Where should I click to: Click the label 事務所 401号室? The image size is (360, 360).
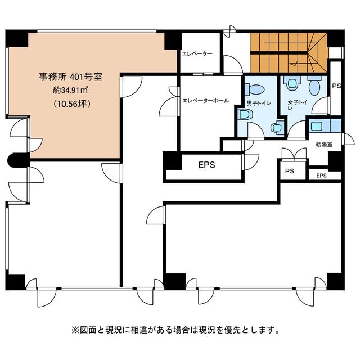click(x=70, y=76)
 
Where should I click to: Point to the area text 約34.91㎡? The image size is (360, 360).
click(x=70, y=90)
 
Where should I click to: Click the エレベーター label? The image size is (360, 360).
click(x=197, y=54)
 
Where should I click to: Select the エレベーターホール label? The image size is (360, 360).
click(x=205, y=101)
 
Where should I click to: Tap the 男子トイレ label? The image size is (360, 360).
click(x=259, y=103)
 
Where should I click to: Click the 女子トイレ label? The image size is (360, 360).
click(x=298, y=105)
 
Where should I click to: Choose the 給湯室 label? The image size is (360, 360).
click(x=324, y=145)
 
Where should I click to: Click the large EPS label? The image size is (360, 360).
click(x=207, y=165)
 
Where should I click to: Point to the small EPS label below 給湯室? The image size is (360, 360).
click(x=321, y=175)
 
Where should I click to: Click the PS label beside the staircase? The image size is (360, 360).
click(x=336, y=86)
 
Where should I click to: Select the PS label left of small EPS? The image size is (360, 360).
click(x=290, y=171)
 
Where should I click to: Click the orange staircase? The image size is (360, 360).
click(x=288, y=53)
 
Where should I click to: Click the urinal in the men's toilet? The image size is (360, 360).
click(x=277, y=127)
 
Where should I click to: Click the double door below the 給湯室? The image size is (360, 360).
click(x=294, y=154)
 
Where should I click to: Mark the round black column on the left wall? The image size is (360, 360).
click(x=17, y=160)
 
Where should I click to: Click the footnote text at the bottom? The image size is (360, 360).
click(x=175, y=330)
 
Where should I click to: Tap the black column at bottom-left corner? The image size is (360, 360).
click(x=15, y=282)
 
